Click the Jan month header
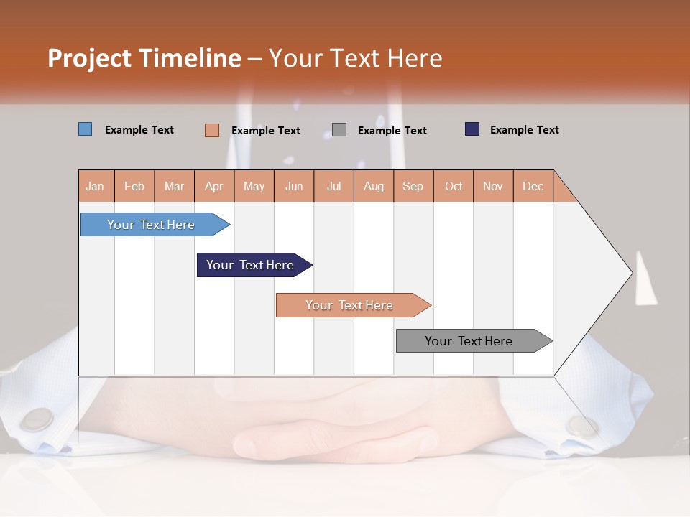tap(96, 186)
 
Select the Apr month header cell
tap(213, 186)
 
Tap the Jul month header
tap(333, 186)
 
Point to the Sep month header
tap(413, 186)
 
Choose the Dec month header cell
tap(533, 186)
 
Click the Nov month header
tap(492, 186)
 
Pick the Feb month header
tap(134, 186)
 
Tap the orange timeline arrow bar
tap(350, 305)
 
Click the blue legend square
tap(86, 129)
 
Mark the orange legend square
tap(211, 130)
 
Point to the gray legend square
tap(339, 130)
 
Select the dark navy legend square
tap(472, 129)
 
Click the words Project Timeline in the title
tap(144, 58)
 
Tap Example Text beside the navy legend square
tap(524, 130)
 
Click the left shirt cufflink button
tap(37, 419)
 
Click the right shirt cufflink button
tap(581, 426)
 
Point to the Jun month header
tap(294, 186)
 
